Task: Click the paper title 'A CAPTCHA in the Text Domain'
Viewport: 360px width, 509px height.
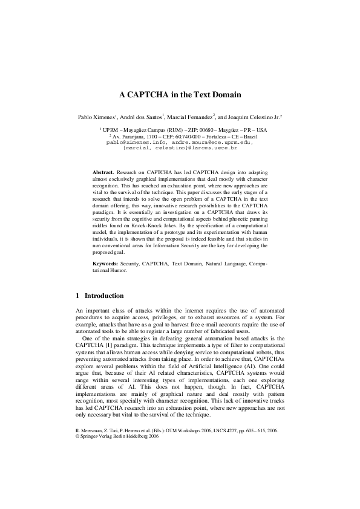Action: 180,94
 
